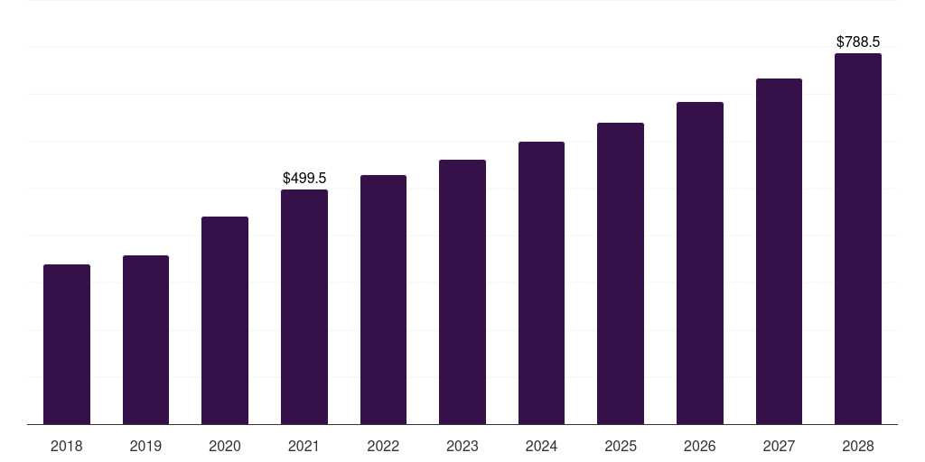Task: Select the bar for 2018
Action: coord(67,344)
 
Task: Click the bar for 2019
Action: coord(145,340)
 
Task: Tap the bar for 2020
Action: coord(225,320)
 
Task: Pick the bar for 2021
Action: coord(304,307)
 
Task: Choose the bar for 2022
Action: coord(383,300)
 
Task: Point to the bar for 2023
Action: coord(462,291)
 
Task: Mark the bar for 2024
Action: coord(542,282)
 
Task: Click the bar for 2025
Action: coord(621,273)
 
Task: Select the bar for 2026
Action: coord(700,263)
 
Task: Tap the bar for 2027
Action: coord(779,251)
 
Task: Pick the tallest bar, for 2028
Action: coord(858,238)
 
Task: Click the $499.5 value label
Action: coord(304,178)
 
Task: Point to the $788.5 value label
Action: coord(858,42)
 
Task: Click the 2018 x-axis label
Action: coord(67,446)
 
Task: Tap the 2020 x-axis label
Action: coord(225,446)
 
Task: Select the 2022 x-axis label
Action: coord(383,446)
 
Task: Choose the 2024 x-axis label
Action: coord(542,446)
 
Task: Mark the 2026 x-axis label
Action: coord(700,446)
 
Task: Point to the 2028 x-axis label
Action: coord(858,446)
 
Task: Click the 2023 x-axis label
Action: coord(462,446)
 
